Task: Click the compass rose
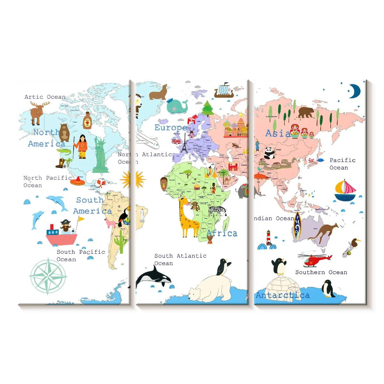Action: click(48, 276)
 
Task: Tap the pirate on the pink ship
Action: click(66, 226)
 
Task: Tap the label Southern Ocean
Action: click(321, 272)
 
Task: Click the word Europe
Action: click(171, 128)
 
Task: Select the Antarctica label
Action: click(283, 295)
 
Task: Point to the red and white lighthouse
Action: click(269, 238)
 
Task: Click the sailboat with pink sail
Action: click(345, 191)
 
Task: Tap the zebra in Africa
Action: click(217, 211)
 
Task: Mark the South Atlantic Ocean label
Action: click(180, 260)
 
